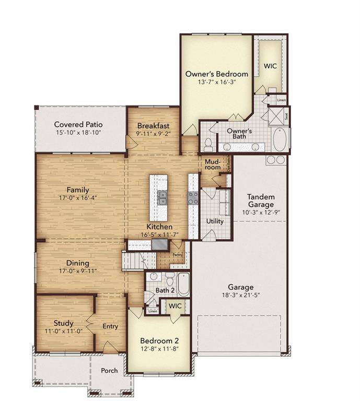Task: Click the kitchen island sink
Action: coord(162,197)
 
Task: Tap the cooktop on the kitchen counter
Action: coord(193,197)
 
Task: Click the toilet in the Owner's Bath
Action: coord(208,142)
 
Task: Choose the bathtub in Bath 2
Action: coord(183,285)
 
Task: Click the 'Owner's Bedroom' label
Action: coord(216,74)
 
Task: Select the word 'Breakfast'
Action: coord(153,126)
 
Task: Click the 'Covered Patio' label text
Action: coord(78,124)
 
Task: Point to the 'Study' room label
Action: coord(64,323)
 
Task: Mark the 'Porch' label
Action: coord(109,371)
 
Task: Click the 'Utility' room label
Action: coord(215,221)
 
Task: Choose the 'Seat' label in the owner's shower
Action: coord(286,112)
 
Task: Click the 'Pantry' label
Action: coord(178,255)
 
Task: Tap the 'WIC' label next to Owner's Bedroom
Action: coord(270,66)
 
